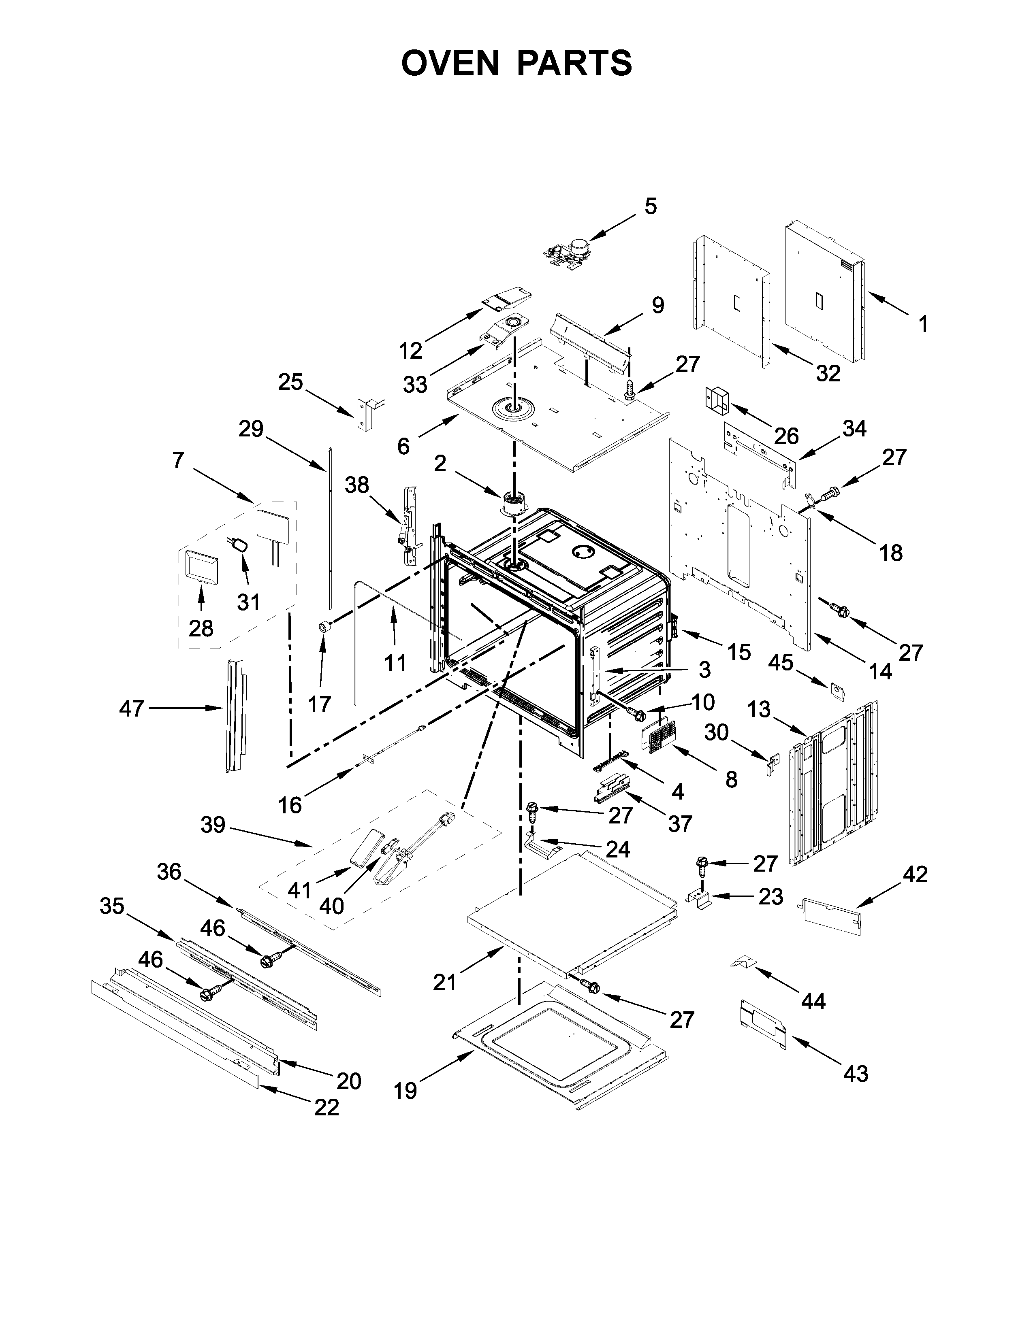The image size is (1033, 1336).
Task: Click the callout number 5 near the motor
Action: coord(651,207)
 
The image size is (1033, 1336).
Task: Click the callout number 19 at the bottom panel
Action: coord(405,1090)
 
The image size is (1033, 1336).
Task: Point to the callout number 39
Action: coord(213,825)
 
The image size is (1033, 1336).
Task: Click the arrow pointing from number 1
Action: coord(887,304)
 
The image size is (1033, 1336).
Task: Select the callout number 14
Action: coord(881,671)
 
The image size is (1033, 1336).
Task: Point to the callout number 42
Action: coord(915,875)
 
